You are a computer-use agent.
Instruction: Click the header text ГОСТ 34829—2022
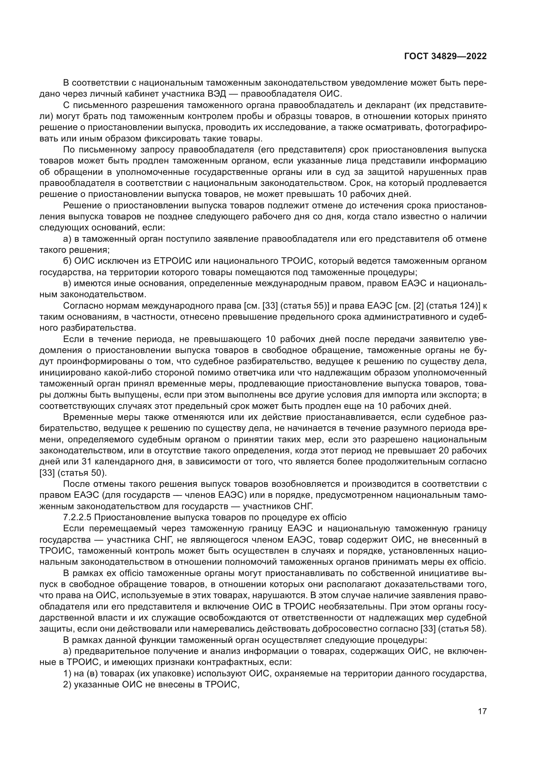(445, 56)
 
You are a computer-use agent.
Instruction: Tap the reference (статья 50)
(80, 473)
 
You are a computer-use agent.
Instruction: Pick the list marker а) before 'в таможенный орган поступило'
(68, 239)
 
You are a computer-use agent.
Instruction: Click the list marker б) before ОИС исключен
(68, 261)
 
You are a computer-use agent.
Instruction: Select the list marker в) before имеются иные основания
(68, 284)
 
